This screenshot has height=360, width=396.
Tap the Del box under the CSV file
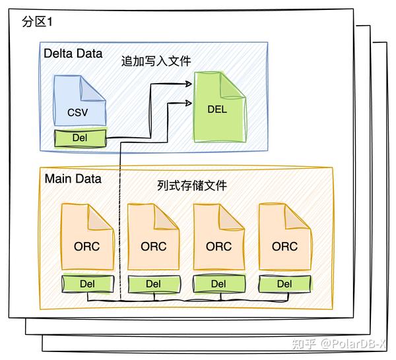coord(80,139)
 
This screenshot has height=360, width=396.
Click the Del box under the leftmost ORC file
coord(87,284)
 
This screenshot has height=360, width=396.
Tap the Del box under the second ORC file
coord(153,284)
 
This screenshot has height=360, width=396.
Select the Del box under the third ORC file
coord(218,284)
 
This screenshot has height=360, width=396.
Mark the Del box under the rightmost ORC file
coord(284,284)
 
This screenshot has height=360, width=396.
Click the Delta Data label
coord(73,53)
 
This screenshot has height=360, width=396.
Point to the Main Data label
coord(73,179)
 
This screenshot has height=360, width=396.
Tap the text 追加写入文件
coord(156,61)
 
